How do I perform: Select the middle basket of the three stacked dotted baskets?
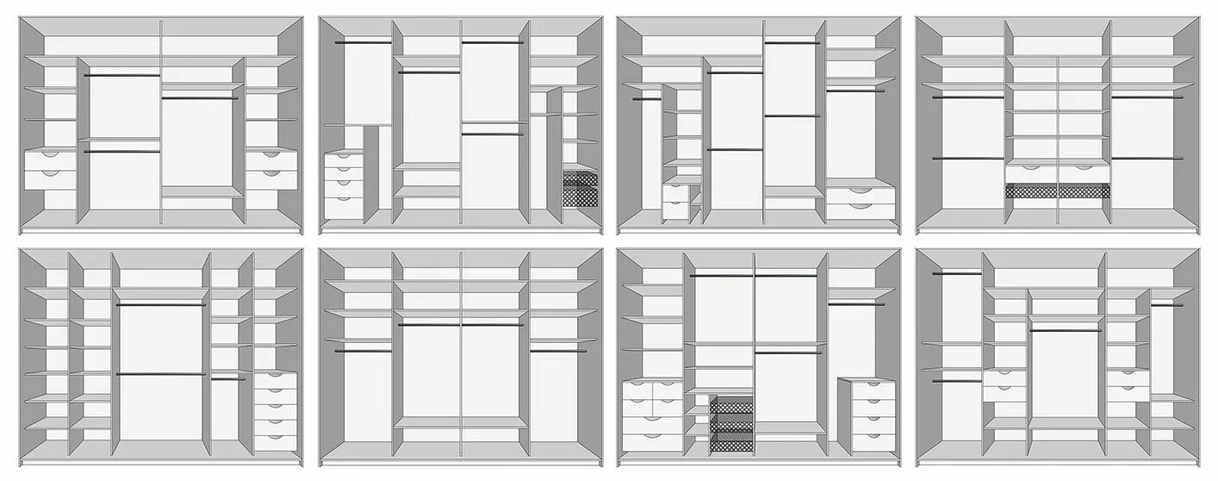pyautogui.click(x=731, y=421)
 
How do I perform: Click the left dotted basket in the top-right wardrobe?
pyautogui.click(x=1030, y=191)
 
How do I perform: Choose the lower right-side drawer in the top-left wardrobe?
pyautogui.click(x=271, y=179)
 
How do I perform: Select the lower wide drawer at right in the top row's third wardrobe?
pyautogui.click(x=860, y=208)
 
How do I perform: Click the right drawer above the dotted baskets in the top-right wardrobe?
pyautogui.click(x=1083, y=173)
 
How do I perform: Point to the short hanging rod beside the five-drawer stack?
pyautogui.click(x=228, y=378)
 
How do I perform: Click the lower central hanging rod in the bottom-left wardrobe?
pyautogui.click(x=161, y=374)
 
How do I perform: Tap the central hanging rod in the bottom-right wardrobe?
pyautogui.click(x=1065, y=330)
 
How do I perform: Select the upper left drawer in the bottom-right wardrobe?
pyautogui.click(x=1003, y=378)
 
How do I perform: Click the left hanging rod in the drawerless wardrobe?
pyautogui.click(x=363, y=351)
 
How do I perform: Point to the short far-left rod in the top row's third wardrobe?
pyautogui.click(x=647, y=99)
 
